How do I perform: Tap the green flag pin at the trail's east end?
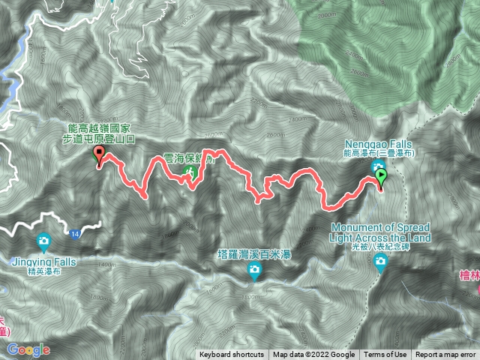[380, 177]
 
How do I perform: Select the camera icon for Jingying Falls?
[43, 241]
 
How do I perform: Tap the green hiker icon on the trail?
[190, 173]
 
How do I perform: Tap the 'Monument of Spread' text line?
[380, 227]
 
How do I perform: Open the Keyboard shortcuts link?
[231, 355]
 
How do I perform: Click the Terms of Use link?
[387, 355]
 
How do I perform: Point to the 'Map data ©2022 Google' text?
[313, 355]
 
